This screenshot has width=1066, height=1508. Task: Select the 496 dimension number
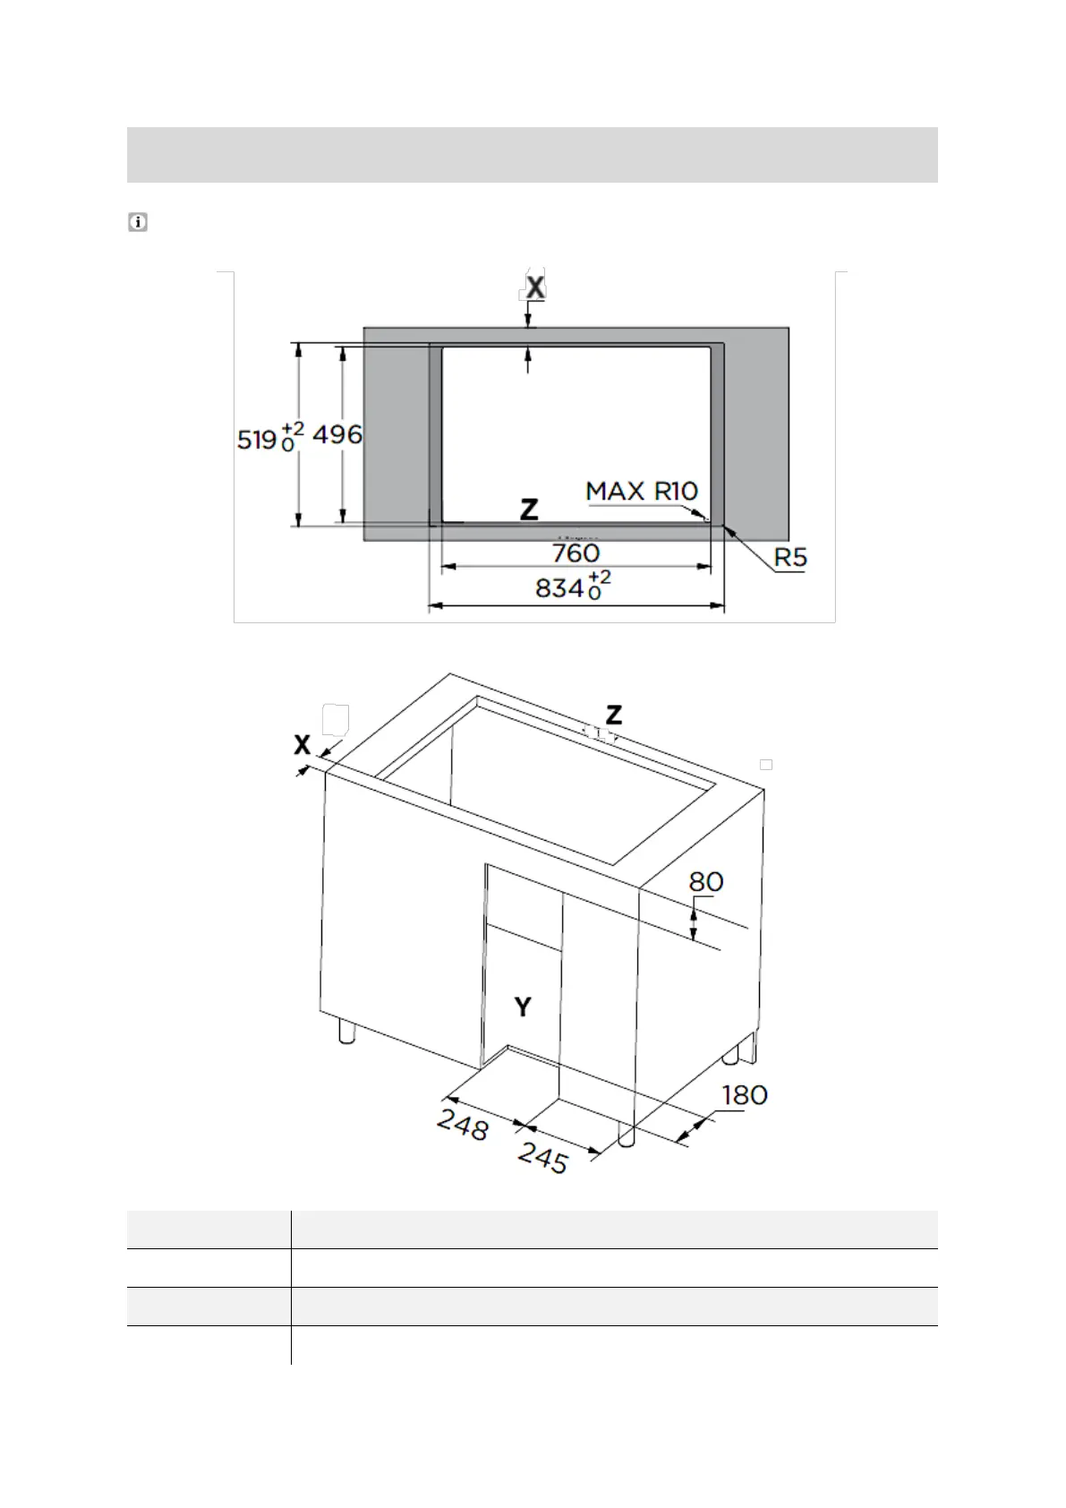click(x=337, y=435)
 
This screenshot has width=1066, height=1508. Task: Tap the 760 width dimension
click(x=576, y=553)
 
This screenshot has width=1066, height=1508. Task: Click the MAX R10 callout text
click(x=642, y=491)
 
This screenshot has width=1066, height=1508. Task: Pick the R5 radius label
click(x=790, y=557)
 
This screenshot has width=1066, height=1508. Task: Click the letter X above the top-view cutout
click(x=535, y=287)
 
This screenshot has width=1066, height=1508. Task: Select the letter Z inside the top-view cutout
click(x=530, y=509)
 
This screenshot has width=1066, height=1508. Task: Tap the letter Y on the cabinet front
click(x=523, y=1007)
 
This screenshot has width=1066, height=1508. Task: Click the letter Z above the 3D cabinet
click(x=614, y=715)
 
